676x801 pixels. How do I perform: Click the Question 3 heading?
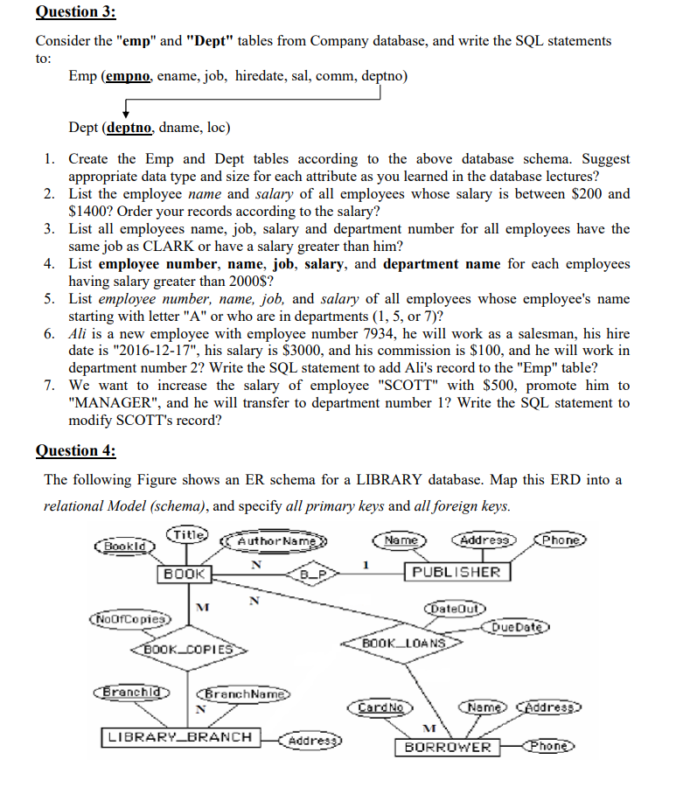75,12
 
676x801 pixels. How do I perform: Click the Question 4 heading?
75,450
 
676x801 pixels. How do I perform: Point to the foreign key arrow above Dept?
129,109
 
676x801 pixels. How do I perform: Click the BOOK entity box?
184,574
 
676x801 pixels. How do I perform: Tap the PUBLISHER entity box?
457,572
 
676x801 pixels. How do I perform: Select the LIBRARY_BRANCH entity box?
179,737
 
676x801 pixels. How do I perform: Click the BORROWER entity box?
448,748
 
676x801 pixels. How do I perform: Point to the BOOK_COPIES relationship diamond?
187,651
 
